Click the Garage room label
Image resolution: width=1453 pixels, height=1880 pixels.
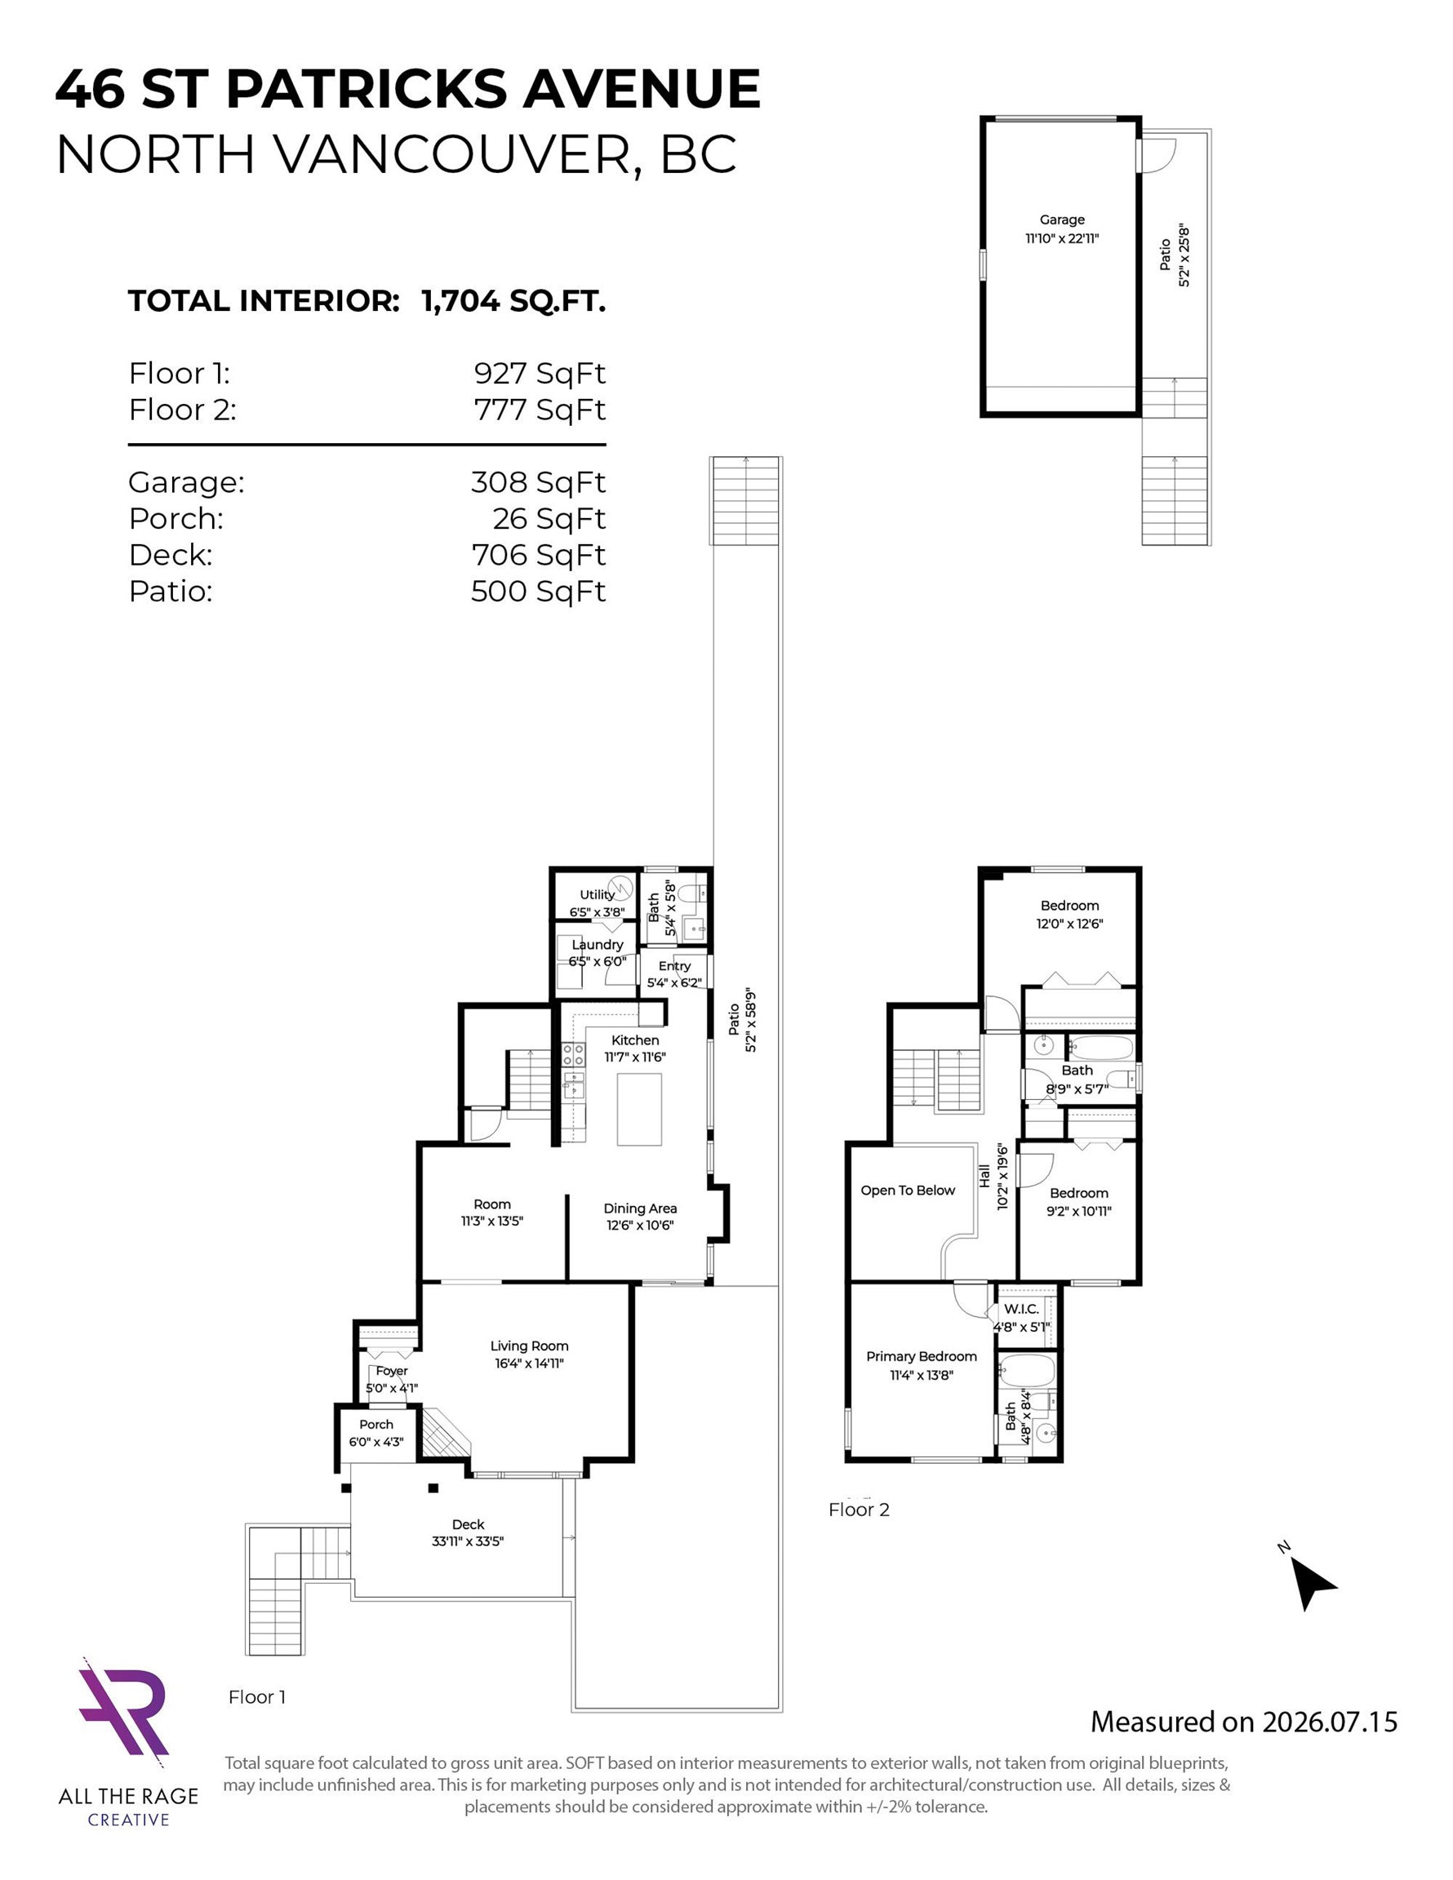(x=1062, y=219)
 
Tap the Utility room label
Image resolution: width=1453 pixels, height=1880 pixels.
(x=597, y=894)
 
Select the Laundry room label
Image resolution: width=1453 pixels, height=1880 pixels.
(x=597, y=944)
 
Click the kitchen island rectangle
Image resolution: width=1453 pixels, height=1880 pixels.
(x=639, y=1109)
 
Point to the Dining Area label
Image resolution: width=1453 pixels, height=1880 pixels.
(x=640, y=1208)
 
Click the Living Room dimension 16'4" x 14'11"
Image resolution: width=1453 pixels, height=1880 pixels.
(x=529, y=1363)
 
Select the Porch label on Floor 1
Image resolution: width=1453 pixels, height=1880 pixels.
(x=376, y=1425)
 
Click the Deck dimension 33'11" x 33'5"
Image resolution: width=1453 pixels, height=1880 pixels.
(x=468, y=1541)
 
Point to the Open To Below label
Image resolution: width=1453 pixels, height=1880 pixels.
(x=908, y=1191)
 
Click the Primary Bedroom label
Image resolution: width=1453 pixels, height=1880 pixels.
(x=922, y=1357)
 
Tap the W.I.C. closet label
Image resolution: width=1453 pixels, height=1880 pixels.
(x=1021, y=1310)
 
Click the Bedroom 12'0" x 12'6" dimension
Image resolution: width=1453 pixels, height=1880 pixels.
(x=1069, y=924)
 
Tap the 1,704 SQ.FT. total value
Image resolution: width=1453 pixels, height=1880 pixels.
(x=513, y=301)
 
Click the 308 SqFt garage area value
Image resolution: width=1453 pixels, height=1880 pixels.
(x=538, y=482)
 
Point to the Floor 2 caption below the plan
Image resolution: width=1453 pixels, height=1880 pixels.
(x=859, y=1509)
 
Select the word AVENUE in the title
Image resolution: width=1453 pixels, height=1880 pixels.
(x=642, y=89)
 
